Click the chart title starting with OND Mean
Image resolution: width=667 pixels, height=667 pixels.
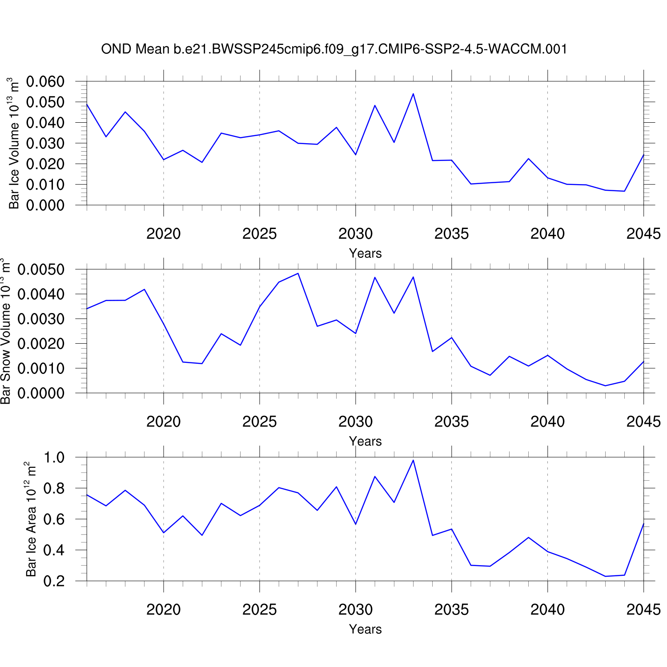tap(334, 49)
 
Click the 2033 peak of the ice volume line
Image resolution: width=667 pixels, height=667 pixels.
tap(413, 94)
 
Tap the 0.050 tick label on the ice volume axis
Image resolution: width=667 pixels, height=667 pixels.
tap(45, 102)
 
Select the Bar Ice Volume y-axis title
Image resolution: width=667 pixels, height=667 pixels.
tap(14, 143)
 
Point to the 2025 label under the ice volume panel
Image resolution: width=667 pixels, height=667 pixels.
tap(259, 234)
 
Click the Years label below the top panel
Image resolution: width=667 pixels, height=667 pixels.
tap(365, 253)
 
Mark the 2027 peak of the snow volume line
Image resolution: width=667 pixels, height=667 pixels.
tap(298, 273)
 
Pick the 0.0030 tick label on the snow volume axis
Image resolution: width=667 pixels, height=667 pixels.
tap(41, 319)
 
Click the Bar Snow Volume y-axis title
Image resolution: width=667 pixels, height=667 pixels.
tap(5, 331)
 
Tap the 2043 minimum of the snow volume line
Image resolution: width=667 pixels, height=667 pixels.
tap(605, 386)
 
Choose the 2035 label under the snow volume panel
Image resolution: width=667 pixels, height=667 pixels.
tap(451, 422)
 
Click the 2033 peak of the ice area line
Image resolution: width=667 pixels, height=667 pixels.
tap(413, 460)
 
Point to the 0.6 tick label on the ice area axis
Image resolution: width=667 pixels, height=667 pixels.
tap(54, 519)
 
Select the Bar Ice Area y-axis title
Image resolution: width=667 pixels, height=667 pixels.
tap(31, 519)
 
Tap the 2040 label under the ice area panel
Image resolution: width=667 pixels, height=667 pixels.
tap(547, 610)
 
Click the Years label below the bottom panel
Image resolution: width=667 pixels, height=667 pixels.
tap(365, 629)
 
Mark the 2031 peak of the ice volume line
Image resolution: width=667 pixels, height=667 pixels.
tap(375, 105)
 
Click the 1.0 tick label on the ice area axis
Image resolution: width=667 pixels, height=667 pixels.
tap(54, 458)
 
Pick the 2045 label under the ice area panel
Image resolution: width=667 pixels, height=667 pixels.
tap(643, 610)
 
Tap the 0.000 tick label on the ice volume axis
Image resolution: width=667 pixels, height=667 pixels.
tap(45, 205)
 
